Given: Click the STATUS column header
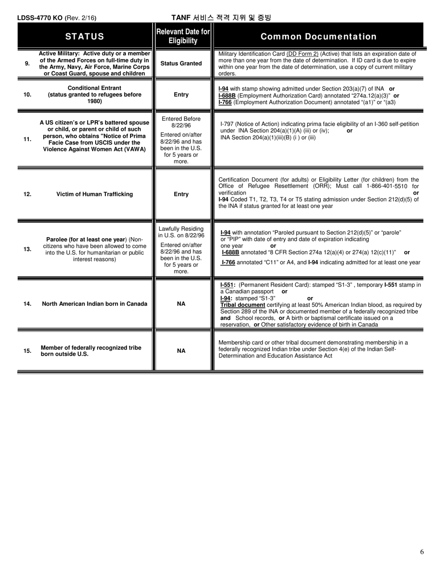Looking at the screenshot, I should pyautogui.click(x=84, y=36).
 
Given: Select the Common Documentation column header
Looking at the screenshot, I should pyautogui.click(x=318, y=36).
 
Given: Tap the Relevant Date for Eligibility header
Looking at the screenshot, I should pyautogui.click(x=183, y=36).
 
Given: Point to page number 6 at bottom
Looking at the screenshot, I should pyautogui.click(x=422, y=552).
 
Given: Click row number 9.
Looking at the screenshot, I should pyautogui.click(x=27, y=63).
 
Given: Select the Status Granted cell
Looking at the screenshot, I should pyautogui.click(x=181, y=63).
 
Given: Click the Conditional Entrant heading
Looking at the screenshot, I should pyautogui.click(x=95, y=88).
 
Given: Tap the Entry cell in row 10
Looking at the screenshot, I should pyautogui.click(x=181, y=95).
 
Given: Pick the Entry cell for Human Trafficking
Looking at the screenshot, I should pyautogui.click(x=181, y=194).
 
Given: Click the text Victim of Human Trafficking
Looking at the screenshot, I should pyautogui.click(x=95, y=194).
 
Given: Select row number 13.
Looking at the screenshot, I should pyautogui.click(x=27, y=249).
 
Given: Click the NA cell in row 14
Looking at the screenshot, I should pyautogui.click(x=181, y=304).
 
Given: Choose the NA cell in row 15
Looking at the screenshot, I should pyautogui.click(x=181, y=350).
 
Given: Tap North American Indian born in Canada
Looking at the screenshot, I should pyautogui.click(x=95, y=304).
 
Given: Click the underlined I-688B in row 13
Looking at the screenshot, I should pyautogui.click(x=231, y=252).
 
